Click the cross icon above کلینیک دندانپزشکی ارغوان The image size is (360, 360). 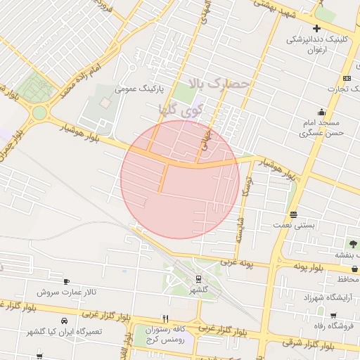click(x=317, y=29)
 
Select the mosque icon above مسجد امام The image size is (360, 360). click(x=322, y=112)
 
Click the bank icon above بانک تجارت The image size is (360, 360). click(x=347, y=78)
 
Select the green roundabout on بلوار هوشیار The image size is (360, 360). click(x=39, y=112)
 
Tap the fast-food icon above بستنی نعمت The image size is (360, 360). click(x=293, y=214)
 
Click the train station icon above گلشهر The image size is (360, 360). click(x=198, y=278)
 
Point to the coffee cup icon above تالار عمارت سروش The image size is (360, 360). click(x=67, y=281)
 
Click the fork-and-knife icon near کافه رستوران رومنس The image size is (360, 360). click(x=165, y=318)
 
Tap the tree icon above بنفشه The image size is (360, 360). click(x=352, y=244)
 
